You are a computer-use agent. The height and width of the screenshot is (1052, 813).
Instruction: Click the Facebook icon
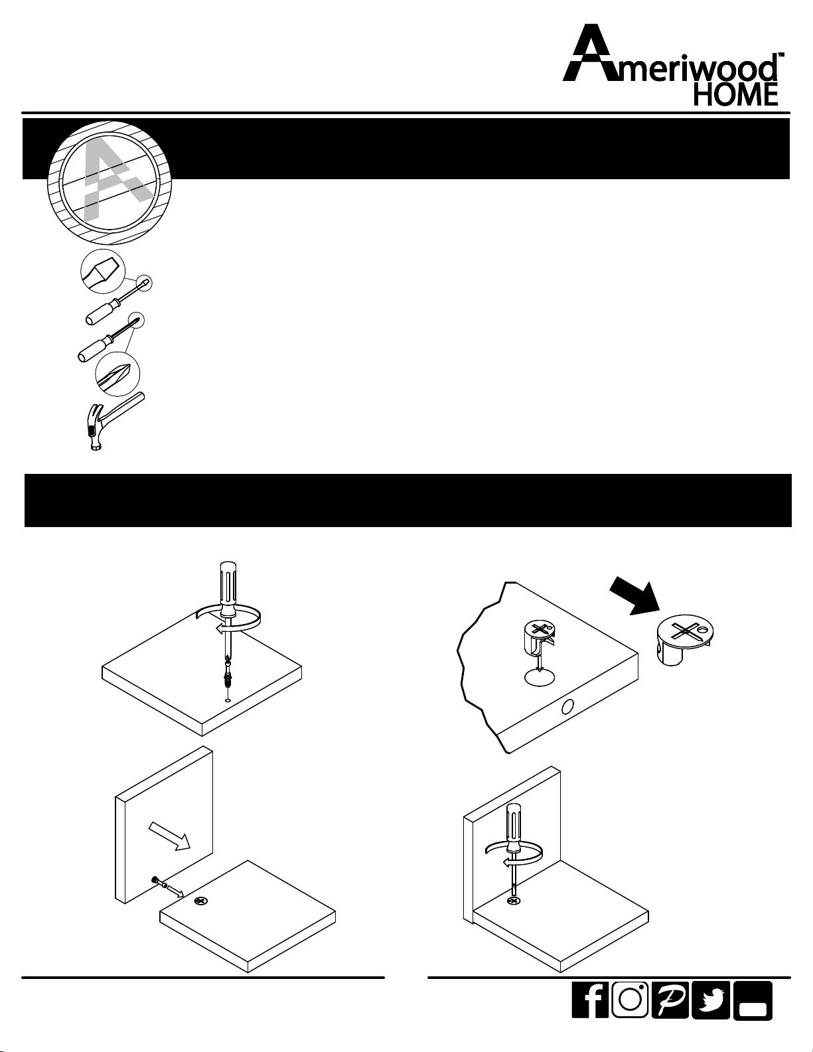(x=590, y=1000)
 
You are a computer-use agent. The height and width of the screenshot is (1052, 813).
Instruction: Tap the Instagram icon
(x=630, y=1000)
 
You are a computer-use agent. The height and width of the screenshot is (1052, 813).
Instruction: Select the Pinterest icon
(x=670, y=1000)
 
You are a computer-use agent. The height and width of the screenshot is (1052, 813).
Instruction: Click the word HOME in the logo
(x=735, y=95)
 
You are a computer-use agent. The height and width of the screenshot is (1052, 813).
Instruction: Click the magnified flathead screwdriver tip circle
(x=103, y=271)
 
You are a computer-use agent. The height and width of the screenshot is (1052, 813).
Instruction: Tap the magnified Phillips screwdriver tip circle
(x=117, y=375)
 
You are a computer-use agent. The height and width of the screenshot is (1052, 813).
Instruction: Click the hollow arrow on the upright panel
(x=169, y=834)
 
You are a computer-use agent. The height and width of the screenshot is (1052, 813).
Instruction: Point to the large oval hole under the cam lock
(x=540, y=678)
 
